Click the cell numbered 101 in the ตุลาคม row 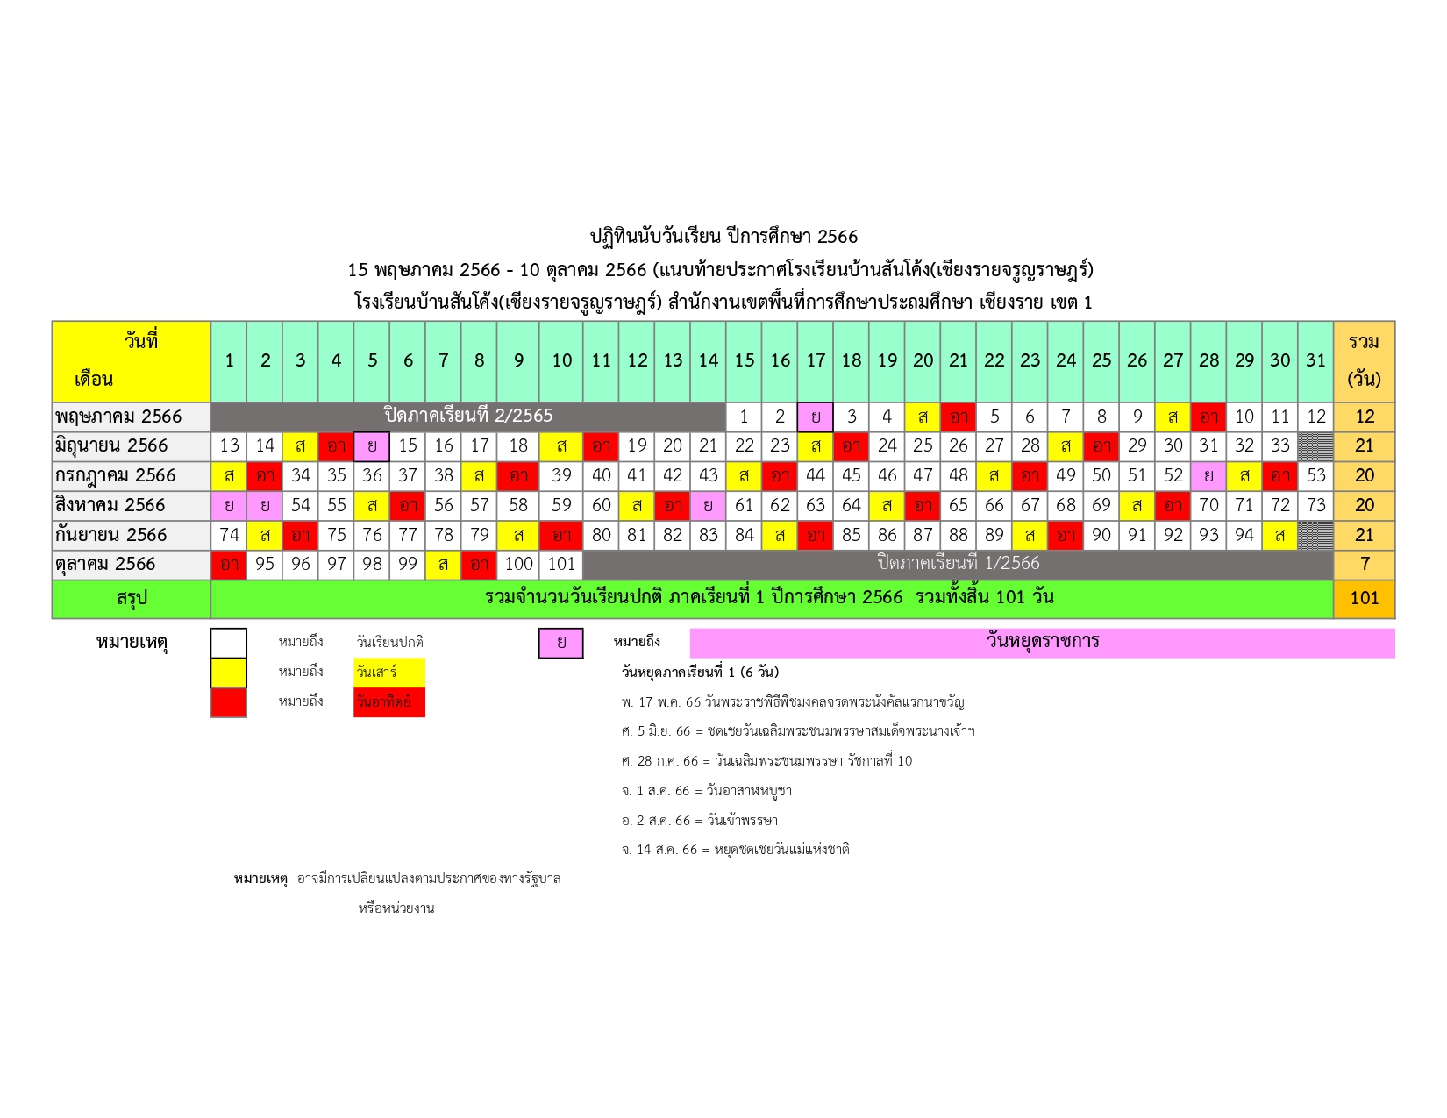[x=560, y=564]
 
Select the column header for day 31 [x=1315, y=361]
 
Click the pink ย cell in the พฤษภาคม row [x=815, y=417]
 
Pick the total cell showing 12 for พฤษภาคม [x=1364, y=417]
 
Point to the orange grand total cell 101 [x=1364, y=598]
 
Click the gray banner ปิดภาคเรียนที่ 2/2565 [x=468, y=417]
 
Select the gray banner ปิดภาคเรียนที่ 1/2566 [x=959, y=564]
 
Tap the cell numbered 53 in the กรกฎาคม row [x=1315, y=475]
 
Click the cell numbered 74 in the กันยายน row [x=229, y=535]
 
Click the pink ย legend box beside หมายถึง [x=560, y=644]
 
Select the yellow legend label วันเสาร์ [x=388, y=672]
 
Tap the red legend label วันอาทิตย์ [x=388, y=701]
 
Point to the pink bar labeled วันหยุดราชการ [x=1042, y=643]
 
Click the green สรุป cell [x=132, y=598]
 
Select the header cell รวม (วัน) [x=1364, y=361]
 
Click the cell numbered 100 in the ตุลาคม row [x=518, y=564]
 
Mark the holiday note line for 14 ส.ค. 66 [x=735, y=850]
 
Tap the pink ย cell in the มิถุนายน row [x=372, y=446]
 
